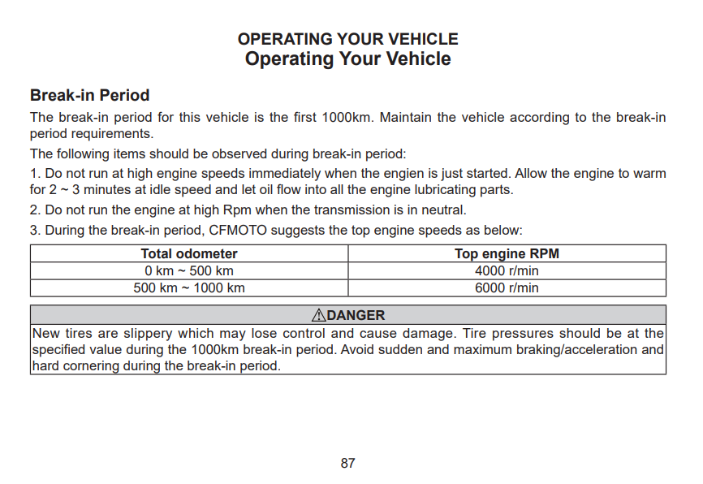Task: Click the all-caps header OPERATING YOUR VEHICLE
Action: tap(347, 39)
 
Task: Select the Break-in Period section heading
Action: tap(89, 95)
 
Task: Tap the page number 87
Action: tap(347, 464)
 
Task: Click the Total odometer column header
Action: tap(189, 254)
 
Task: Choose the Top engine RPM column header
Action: tap(507, 254)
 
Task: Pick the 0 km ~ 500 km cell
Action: tap(189, 271)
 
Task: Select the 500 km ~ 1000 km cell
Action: tap(189, 287)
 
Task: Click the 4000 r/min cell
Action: tap(507, 271)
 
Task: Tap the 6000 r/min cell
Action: tap(507, 287)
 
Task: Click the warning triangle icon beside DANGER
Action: tap(318, 315)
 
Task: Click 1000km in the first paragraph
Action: tap(346, 118)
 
